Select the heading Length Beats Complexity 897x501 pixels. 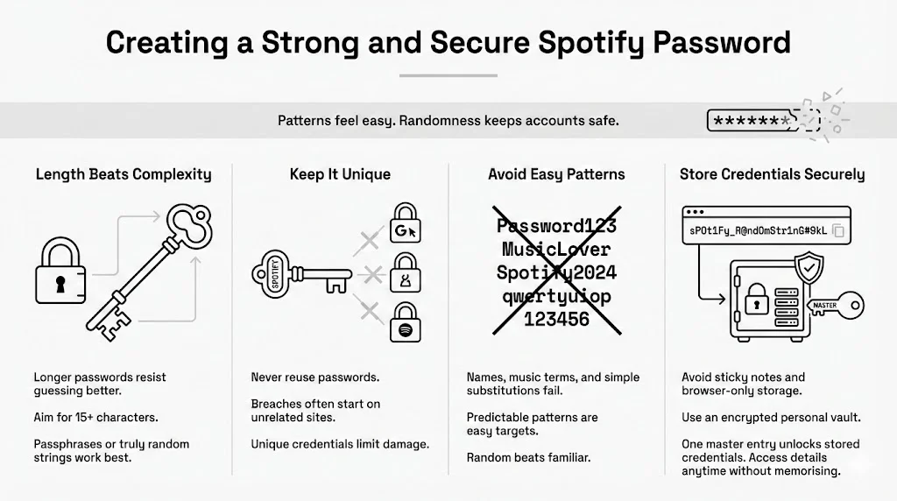click(x=124, y=174)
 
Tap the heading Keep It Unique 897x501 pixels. click(x=341, y=174)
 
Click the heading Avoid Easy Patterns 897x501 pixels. click(x=556, y=174)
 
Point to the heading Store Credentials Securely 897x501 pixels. click(x=772, y=174)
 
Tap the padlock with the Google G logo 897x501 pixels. click(x=405, y=225)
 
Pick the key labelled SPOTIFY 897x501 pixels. click(x=298, y=274)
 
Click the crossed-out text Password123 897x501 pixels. click(x=557, y=226)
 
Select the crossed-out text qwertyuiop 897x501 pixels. click(x=557, y=296)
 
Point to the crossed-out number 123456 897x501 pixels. click(x=557, y=320)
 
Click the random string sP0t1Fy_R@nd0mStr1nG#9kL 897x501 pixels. click(x=755, y=230)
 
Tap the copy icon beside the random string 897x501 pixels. click(x=838, y=231)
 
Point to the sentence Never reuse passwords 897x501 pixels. click(x=314, y=378)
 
